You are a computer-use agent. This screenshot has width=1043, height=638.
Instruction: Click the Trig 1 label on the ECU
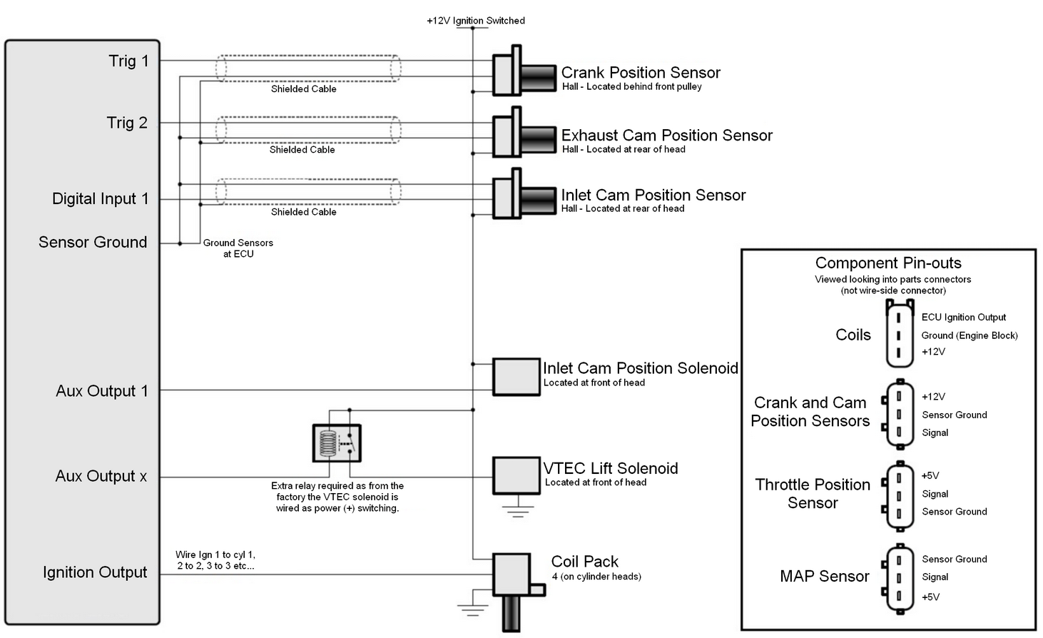(x=128, y=61)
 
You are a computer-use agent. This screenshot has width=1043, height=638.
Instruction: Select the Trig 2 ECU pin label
(x=127, y=123)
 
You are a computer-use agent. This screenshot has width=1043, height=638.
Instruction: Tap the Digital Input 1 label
(x=100, y=199)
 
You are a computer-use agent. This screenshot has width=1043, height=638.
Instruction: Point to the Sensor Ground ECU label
(x=93, y=243)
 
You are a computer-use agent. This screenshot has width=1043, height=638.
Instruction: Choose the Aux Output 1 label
(x=101, y=391)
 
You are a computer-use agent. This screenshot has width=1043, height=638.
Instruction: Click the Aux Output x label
(x=101, y=477)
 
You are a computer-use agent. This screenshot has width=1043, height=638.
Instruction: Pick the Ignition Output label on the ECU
(x=95, y=572)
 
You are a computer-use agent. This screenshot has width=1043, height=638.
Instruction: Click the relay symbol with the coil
(x=337, y=443)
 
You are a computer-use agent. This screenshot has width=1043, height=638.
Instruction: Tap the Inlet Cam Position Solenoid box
(x=516, y=377)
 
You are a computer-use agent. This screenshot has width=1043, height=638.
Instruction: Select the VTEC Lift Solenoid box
(x=516, y=475)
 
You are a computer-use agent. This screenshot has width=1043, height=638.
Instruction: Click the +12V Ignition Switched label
(x=476, y=21)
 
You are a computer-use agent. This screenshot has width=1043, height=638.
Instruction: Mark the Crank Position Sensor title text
(x=641, y=73)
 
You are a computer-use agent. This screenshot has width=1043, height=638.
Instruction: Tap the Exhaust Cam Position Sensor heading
(x=666, y=136)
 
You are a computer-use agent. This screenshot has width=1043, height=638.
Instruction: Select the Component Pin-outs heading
(x=888, y=263)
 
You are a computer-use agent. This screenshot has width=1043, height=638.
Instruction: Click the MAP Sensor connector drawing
(x=899, y=579)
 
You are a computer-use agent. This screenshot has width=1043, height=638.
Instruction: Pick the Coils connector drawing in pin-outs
(x=899, y=334)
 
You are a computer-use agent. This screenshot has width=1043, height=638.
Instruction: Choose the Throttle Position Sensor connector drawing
(x=899, y=495)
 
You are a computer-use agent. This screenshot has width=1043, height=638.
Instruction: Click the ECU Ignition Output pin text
(x=963, y=318)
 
